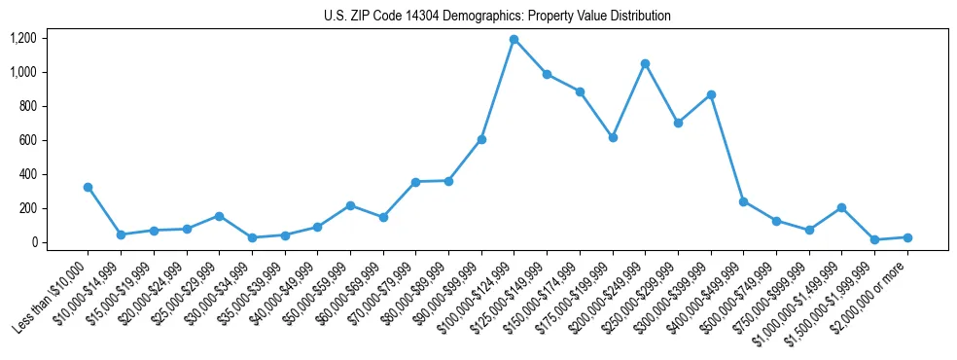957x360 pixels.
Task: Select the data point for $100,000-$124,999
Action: [514, 40]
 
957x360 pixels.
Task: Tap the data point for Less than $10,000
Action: [88, 187]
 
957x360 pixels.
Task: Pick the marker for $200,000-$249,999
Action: [645, 64]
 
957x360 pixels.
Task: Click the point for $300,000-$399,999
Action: [711, 94]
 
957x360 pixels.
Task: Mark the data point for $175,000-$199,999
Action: [613, 138]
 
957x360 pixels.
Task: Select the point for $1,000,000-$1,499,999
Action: [841, 207]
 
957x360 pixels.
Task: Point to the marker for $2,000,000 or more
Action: [907, 237]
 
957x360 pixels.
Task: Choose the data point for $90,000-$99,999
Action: [481, 140]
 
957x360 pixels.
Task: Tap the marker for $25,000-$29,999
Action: [219, 216]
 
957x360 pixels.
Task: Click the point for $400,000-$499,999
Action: [743, 201]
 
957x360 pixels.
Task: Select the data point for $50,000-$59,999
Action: [350, 205]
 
